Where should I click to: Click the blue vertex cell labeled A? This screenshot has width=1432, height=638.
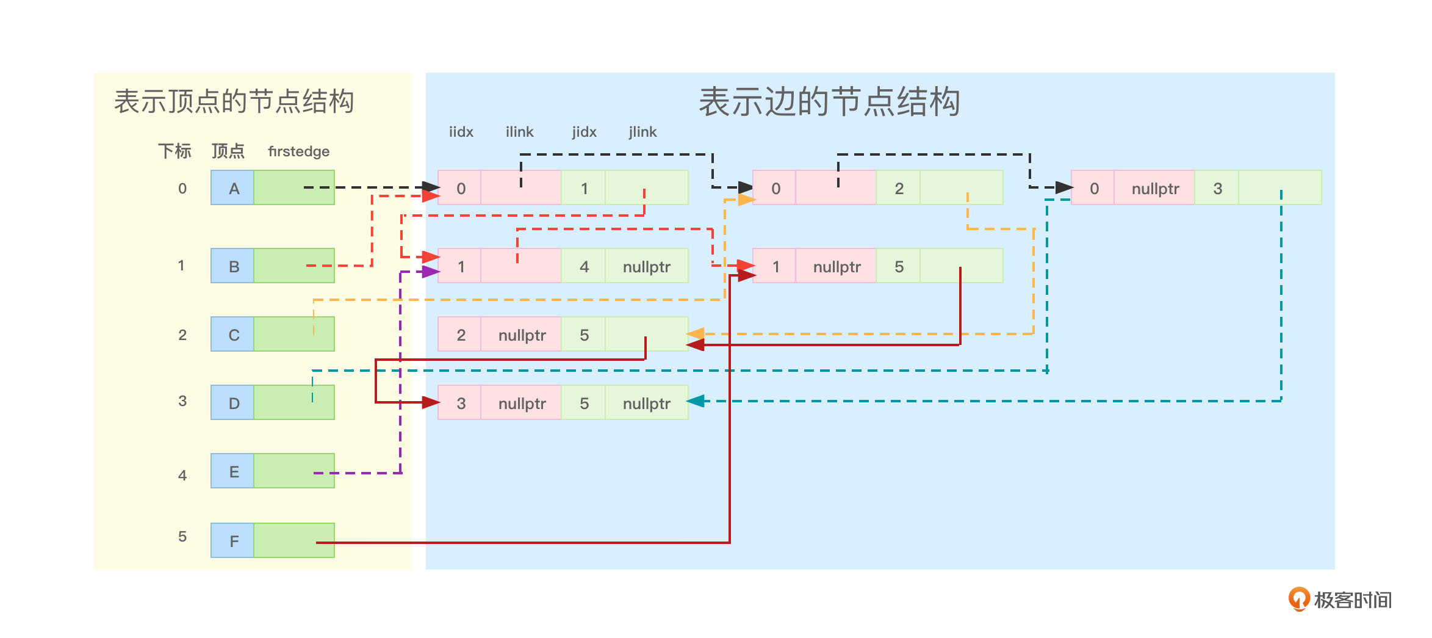click(x=232, y=188)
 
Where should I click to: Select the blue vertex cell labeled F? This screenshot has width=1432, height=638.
click(x=232, y=540)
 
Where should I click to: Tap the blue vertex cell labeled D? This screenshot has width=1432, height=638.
click(x=232, y=403)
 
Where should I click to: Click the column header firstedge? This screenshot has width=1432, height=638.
click(x=298, y=151)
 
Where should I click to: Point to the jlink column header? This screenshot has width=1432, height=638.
click(x=642, y=132)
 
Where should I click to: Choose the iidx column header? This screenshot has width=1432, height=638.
click(x=461, y=132)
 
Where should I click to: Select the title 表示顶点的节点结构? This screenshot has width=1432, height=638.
click(x=234, y=101)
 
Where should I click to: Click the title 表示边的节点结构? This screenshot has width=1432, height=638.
click(x=829, y=101)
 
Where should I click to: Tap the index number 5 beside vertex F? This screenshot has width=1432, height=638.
click(x=182, y=537)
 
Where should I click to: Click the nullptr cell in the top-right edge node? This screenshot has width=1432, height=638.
click(x=1154, y=188)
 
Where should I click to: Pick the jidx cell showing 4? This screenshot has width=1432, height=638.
click(x=584, y=266)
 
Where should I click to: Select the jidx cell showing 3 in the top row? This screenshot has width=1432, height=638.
click(x=1217, y=188)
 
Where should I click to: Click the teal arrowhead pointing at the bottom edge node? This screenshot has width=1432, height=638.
click(x=696, y=401)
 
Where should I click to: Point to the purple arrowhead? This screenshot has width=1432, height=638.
click(x=431, y=272)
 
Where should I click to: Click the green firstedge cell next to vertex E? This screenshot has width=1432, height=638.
click(x=294, y=471)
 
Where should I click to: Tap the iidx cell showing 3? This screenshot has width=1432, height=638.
click(x=461, y=403)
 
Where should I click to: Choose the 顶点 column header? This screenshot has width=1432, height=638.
click(x=228, y=151)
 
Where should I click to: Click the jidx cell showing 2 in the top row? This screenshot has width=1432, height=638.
click(x=899, y=188)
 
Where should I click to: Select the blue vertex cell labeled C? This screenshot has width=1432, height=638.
click(x=232, y=335)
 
